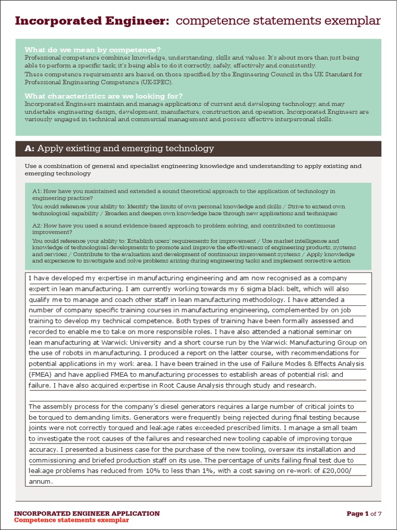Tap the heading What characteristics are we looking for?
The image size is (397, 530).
[x=103, y=96]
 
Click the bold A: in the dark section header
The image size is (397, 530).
[x=29, y=149]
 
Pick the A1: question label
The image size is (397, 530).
[x=37, y=192]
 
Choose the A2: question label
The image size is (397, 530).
[x=37, y=226]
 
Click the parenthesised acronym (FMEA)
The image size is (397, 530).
[x=40, y=374]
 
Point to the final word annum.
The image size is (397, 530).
[x=40, y=481]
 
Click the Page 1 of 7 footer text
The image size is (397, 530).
[x=364, y=514]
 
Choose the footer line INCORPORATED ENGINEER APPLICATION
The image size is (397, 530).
[x=87, y=513]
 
